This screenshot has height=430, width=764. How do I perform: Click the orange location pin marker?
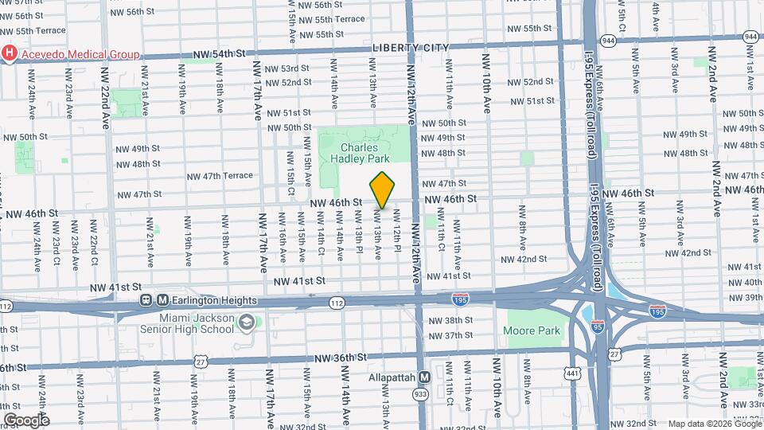click(382, 190)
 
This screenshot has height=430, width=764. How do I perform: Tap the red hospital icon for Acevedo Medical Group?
click(10, 54)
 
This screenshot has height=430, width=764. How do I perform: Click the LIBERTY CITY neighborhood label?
click(407, 48)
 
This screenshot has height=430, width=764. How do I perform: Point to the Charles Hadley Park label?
click(364, 153)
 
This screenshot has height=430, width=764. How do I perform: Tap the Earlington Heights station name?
click(214, 300)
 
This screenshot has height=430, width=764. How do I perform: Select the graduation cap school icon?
click(246, 322)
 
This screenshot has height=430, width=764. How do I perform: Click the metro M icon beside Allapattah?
click(424, 377)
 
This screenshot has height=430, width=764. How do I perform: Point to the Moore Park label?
click(532, 330)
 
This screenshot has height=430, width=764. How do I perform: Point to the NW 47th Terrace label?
click(220, 176)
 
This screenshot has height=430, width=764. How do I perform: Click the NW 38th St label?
click(450, 320)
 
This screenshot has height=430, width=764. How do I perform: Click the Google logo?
click(26, 420)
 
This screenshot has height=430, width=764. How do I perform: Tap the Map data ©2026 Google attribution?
click(714, 424)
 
